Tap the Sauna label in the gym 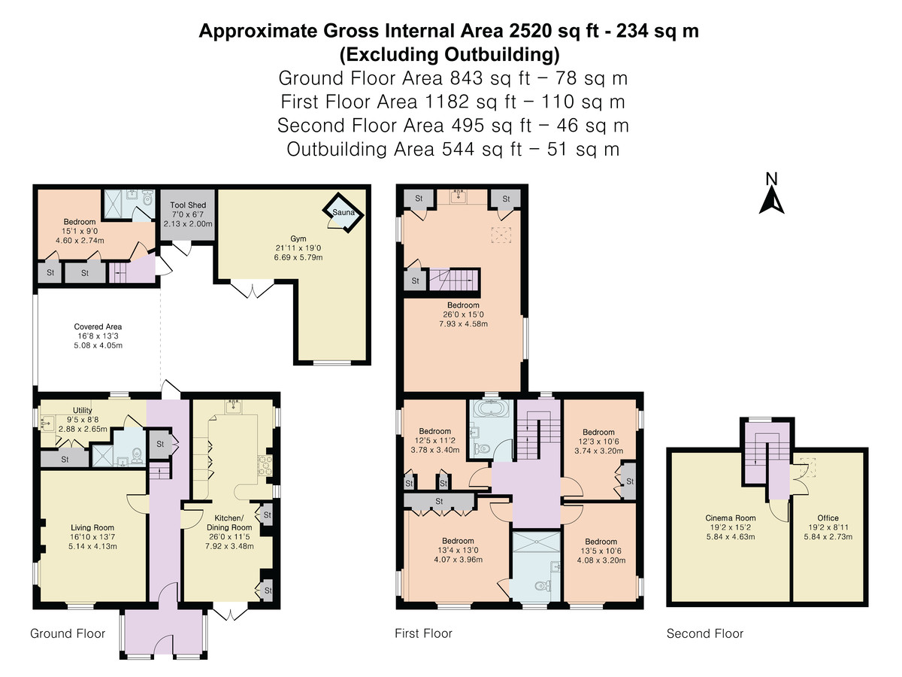[x=343, y=213]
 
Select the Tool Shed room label [x=188, y=205]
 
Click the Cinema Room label [x=730, y=518]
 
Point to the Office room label [x=828, y=518]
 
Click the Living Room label [x=92, y=527]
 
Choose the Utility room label [x=82, y=410]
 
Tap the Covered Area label [x=98, y=326]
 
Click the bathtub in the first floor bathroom [x=491, y=408]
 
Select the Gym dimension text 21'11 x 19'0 [x=298, y=248]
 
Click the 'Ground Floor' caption [x=68, y=633]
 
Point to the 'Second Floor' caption [x=705, y=633]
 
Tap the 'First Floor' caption [x=423, y=633]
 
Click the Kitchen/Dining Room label [x=229, y=523]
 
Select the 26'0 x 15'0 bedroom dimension [x=463, y=314]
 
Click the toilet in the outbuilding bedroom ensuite [x=147, y=199]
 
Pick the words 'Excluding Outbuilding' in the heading [x=449, y=55]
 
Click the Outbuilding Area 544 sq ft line [x=453, y=149]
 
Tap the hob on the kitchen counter [x=262, y=466]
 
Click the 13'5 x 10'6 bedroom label [x=601, y=551]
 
